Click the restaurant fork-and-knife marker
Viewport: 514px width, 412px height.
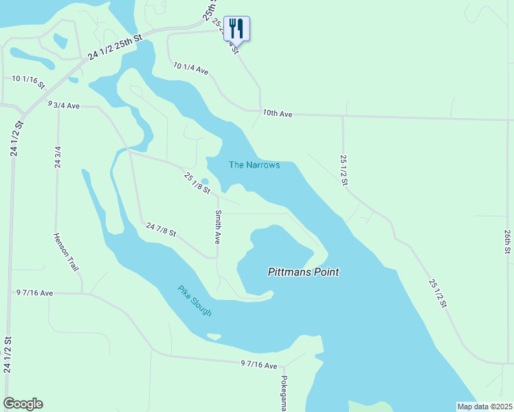point(236,29)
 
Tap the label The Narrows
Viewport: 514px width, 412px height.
point(254,165)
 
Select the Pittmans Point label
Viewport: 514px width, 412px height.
point(303,272)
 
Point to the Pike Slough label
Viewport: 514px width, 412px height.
point(194,300)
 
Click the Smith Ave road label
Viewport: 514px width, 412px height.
point(218,227)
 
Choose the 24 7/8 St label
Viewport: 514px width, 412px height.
point(161,229)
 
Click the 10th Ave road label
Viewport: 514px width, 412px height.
point(278,113)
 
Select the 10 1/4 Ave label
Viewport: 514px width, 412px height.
point(191,68)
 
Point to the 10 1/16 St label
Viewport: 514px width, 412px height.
point(28,82)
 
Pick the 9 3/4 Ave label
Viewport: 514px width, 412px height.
point(64,105)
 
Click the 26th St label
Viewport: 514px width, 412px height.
point(507,242)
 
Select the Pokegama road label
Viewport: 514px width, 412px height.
point(283,393)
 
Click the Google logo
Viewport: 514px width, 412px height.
point(23,404)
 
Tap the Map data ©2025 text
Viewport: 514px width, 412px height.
point(484,407)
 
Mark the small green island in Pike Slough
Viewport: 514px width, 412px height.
point(214,336)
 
